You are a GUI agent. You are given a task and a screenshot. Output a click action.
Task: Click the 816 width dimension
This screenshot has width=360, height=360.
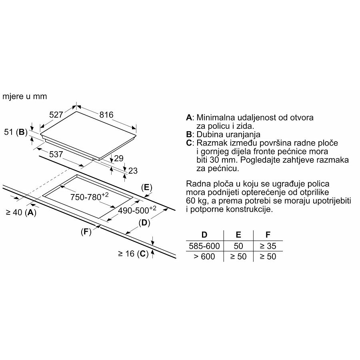click(x=106, y=115)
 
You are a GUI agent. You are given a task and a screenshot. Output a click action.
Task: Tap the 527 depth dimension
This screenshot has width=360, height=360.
click(x=56, y=115)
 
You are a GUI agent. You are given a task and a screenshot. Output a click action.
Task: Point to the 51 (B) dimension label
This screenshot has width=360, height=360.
click(x=16, y=132)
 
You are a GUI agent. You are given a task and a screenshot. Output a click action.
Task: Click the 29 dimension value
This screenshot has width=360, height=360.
click(x=119, y=158)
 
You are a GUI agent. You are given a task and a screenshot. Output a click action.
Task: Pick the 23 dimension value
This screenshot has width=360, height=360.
click(x=133, y=171)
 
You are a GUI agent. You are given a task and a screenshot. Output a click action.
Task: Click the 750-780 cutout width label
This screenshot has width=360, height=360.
click(x=90, y=196)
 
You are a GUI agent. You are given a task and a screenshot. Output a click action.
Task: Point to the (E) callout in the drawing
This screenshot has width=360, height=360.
click(x=147, y=187)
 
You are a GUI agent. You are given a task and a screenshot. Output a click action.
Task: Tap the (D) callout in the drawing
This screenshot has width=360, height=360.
click(x=144, y=223)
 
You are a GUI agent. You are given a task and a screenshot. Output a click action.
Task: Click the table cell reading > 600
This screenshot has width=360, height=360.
click(x=204, y=256)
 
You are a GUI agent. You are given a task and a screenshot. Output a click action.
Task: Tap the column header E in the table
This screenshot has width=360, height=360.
click(x=238, y=235)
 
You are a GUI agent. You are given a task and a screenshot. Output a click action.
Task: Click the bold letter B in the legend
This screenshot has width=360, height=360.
click(x=189, y=134)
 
